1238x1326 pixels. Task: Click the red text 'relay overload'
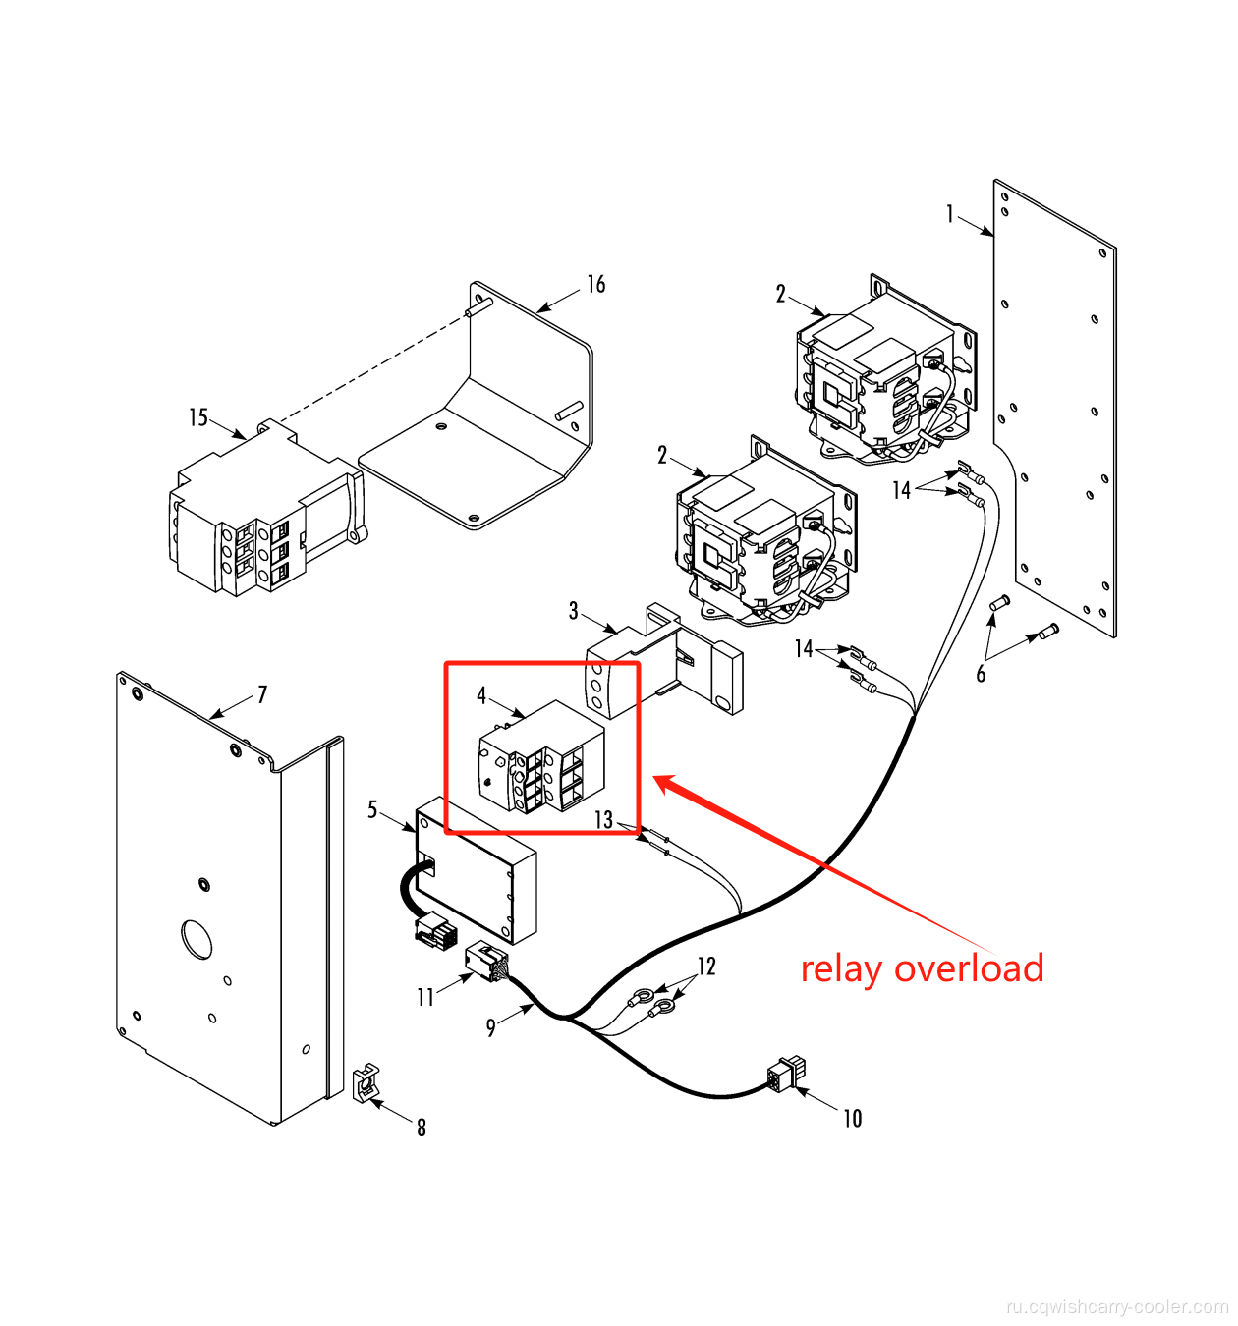(x=922, y=969)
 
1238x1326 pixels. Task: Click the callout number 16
(x=595, y=285)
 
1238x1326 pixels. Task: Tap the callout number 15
(x=198, y=418)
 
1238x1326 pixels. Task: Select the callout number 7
(x=262, y=695)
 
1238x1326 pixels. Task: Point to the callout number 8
(x=422, y=1128)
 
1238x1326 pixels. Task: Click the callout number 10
(x=852, y=1119)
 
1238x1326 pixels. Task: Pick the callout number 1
(x=950, y=214)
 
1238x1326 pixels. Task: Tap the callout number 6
(x=981, y=674)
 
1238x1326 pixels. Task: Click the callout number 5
(x=372, y=809)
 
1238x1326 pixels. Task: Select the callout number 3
(x=573, y=611)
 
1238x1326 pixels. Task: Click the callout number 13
(x=603, y=820)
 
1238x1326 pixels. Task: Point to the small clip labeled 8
(x=366, y=1082)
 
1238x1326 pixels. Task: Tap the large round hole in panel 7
(x=197, y=939)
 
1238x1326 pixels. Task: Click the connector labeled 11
(x=485, y=960)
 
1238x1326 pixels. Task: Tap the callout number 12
(x=706, y=967)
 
